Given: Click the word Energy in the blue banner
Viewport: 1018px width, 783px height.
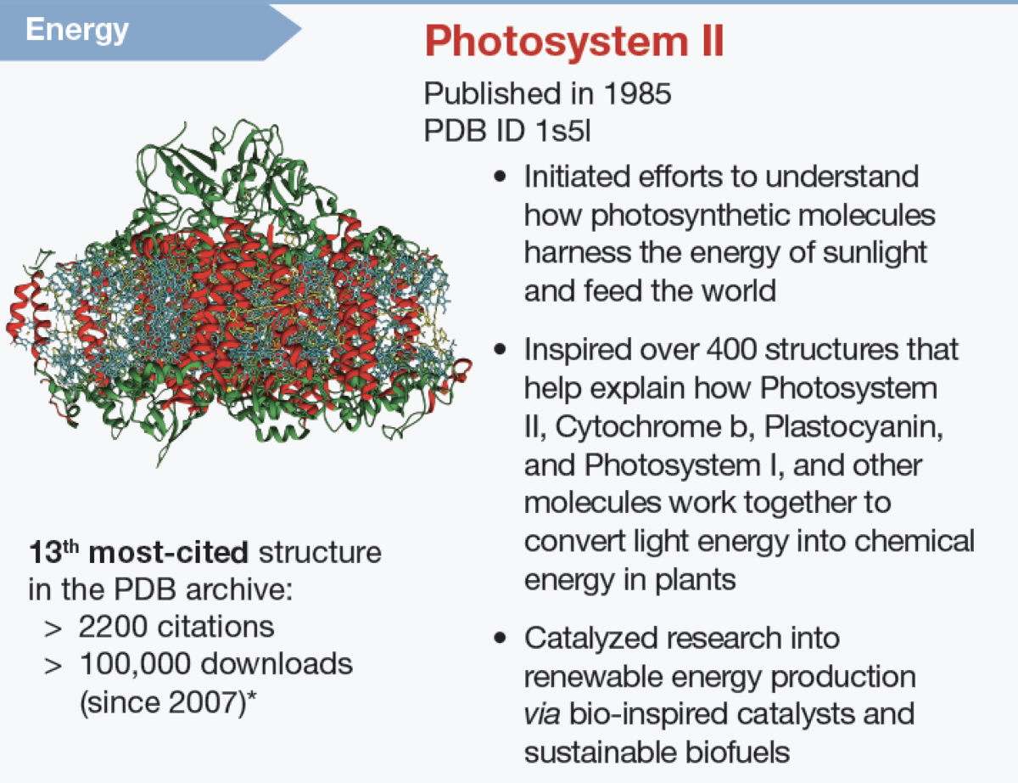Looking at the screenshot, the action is coord(77,31).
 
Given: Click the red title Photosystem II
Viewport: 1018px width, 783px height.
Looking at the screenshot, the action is coord(574,42).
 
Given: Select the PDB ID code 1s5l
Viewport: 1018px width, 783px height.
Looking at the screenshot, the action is coord(563,130).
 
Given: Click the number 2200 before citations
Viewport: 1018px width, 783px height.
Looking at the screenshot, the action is coord(113,627).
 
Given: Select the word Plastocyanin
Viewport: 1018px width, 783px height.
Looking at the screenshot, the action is coord(853,427).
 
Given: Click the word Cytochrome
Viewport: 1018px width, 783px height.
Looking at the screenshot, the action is coord(638,427).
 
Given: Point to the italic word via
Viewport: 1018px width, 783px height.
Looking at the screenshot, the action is coord(541,714).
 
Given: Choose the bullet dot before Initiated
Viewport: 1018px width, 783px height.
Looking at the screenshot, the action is coord(501,177).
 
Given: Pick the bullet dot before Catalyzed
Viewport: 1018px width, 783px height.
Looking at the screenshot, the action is coord(501,638).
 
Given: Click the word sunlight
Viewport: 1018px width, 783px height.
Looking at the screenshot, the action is coord(874,253).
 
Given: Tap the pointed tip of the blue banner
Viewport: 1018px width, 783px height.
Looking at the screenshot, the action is coord(301,29).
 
